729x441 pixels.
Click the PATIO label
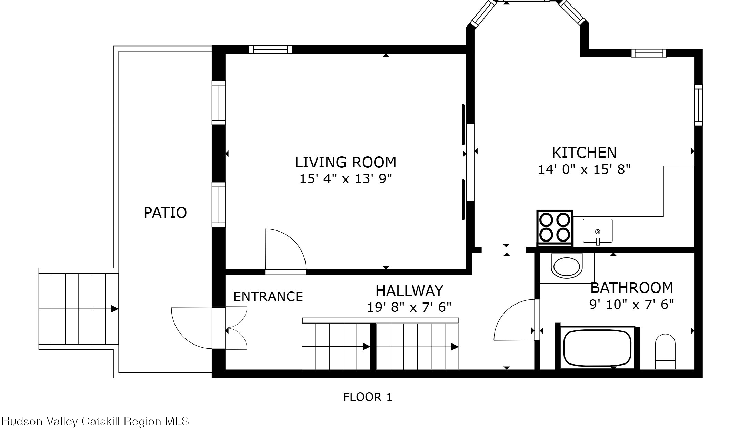[x=165, y=213]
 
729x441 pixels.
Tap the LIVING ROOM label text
[x=346, y=162]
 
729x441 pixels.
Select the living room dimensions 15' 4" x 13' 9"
[x=346, y=179]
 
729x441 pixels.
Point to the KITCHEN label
[x=584, y=153]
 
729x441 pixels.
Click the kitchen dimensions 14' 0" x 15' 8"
[x=584, y=170]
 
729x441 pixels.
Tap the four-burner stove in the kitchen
[x=555, y=228]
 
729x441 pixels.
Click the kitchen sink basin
[x=598, y=231]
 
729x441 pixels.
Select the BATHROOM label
[x=632, y=288]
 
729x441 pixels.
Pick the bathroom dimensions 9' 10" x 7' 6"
[x=632, y=305]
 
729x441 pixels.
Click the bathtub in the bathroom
[x=597, y=348]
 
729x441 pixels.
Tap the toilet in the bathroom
[x=665, y=351]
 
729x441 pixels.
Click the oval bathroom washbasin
[x=567, y=266]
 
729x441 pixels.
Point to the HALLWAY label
[x=409, y=291]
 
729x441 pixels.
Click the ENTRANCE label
[x=268, y=297]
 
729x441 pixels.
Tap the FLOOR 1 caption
[x=368, y=397]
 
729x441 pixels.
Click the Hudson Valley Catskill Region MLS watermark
[x=96, y=421]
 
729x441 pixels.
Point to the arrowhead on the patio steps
[x=114, y=309]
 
